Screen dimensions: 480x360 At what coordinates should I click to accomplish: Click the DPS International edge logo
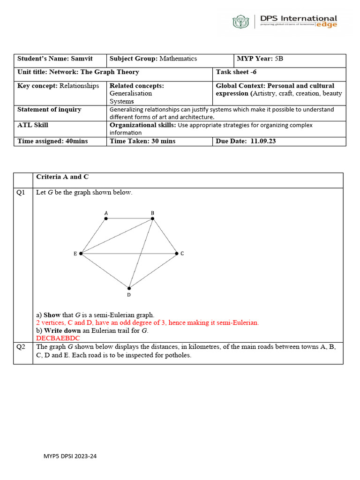285,22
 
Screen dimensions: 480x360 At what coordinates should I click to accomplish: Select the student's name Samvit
82,59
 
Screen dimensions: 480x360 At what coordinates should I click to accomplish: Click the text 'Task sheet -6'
236,72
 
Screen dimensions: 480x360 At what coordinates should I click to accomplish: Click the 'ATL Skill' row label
33,125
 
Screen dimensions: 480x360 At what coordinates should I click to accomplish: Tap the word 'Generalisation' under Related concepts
131,93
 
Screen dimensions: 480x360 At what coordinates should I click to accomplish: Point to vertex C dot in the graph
177,254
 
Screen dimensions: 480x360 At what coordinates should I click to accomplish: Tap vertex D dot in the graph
129,288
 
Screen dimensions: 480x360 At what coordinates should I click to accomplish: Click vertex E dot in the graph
81,254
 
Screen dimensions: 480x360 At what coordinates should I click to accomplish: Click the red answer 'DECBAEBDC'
58,338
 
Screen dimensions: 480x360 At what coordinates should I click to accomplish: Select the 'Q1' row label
21,193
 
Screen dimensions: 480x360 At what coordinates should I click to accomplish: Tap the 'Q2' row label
21,347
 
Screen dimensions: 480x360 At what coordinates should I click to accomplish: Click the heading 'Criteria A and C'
62,177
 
